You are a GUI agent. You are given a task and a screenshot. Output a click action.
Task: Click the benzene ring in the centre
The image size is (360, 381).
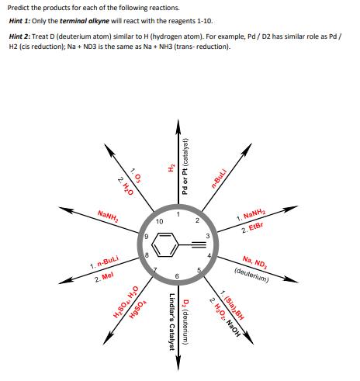(165, 244)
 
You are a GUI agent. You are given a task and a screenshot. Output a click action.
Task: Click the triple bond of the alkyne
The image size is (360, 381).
(199, 244)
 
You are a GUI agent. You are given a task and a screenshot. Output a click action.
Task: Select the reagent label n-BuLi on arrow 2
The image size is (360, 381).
(219, 178)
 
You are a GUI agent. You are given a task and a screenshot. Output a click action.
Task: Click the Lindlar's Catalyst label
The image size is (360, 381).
(171, 321)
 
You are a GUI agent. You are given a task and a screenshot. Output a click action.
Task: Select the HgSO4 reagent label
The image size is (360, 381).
(139, 309)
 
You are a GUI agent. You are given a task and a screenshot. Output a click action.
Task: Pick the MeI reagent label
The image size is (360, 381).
(108, 276)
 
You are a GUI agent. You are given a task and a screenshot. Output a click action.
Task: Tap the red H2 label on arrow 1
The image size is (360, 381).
(171, 168)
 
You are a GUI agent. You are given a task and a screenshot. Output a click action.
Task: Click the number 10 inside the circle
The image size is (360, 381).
(160, 221)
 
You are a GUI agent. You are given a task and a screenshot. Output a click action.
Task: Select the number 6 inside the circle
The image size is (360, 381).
(177, 276)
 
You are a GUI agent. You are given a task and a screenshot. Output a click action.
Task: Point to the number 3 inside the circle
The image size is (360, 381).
(207, 236)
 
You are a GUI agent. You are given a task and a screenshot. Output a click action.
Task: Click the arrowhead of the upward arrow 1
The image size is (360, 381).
(178, 126)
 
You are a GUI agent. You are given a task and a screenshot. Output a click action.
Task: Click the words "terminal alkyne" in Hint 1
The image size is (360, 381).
(85, 21)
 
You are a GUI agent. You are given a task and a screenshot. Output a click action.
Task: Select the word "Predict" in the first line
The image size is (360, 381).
(18, 8)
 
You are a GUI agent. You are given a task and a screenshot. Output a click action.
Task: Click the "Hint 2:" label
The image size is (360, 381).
(19, 36)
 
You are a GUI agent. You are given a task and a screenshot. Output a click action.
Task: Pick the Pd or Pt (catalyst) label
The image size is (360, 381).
(185, 166)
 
